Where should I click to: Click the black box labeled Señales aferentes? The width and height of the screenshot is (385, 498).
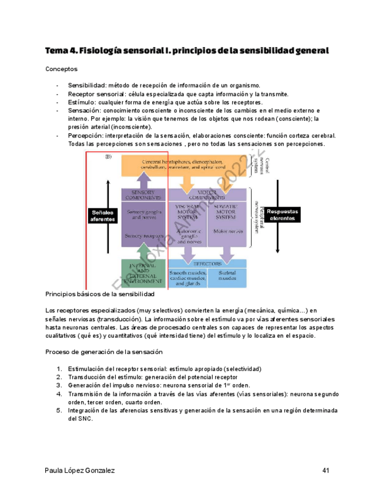[103, 216]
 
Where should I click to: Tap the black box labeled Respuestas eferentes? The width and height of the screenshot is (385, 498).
[283, 214]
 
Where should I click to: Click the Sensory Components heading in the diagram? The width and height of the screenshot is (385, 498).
[142, 194]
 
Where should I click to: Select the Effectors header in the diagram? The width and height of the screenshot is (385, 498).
[207, 264]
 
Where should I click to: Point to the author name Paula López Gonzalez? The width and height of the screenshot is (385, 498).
[79, 470]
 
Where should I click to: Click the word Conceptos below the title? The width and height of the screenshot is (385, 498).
[61, 69]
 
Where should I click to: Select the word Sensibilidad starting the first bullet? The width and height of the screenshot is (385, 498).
[87, 86]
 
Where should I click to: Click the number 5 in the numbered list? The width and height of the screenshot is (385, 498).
[59, 411]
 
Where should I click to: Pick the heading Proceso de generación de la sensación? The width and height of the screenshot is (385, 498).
[103, 352]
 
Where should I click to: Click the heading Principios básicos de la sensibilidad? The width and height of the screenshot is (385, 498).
[99, 294]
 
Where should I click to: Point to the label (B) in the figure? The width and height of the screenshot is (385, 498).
[108, 157]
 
